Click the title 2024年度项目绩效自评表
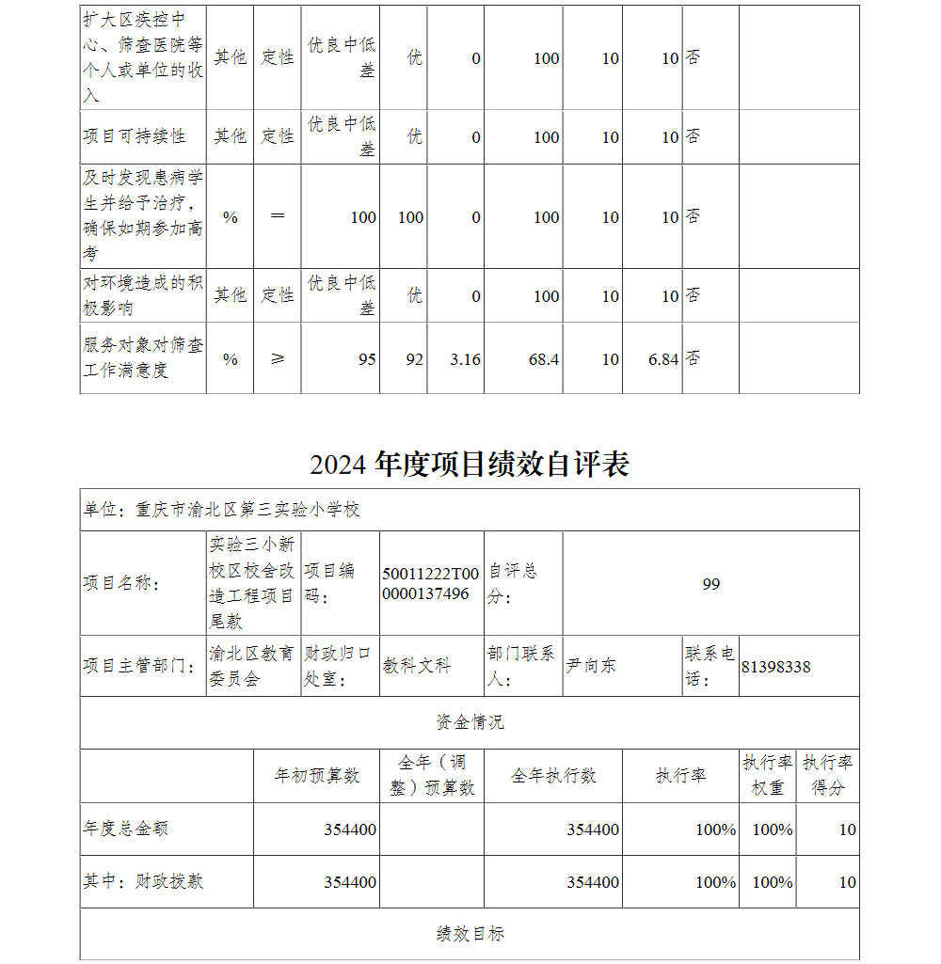coord(470,464)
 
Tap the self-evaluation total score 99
coord(710,584)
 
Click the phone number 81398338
coord(775,667)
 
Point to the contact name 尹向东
coord(591,666)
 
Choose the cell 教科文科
coord(417,666)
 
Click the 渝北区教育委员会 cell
coord(251,666)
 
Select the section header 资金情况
coord(470,722)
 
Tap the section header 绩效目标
coord(470,934)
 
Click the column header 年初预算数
coord(316,776)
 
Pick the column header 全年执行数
coord(553,776)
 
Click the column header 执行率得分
coord(828,776)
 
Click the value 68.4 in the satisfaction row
coord(544,359)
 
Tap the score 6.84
coord(663,359)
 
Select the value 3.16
coord(466,359)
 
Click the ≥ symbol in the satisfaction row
coord(277,358)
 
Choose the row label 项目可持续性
coord(135,136)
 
